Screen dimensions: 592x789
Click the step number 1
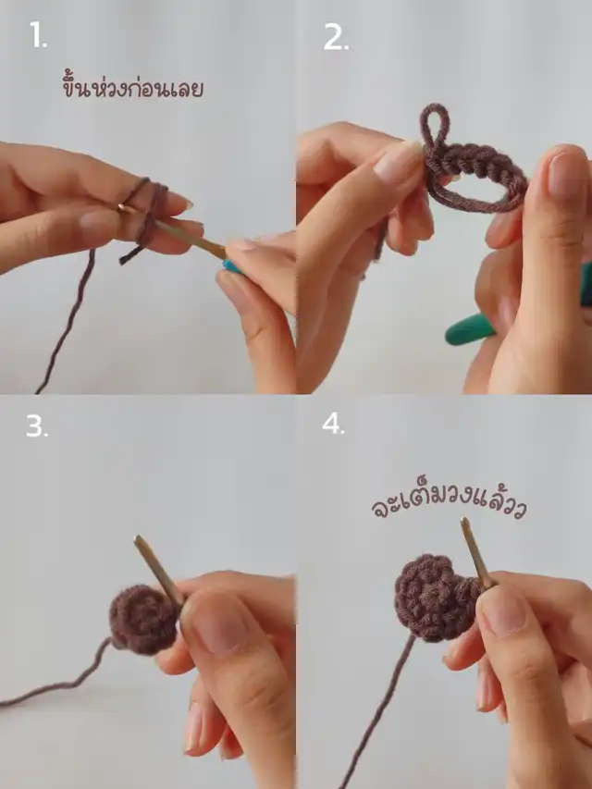point(38,36)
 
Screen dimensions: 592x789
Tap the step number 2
point(336,37)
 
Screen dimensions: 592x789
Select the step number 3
point(37,426)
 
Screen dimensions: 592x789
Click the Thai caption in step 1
point(133,86)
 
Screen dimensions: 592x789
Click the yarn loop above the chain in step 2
point(435,126)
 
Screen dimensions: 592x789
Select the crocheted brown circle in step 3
point(143,619)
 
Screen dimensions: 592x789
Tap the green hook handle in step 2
point(470,329)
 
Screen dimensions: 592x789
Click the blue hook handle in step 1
point(231,266)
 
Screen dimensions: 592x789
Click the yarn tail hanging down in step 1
point(67,322)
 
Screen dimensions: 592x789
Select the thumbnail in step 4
point(500,610)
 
